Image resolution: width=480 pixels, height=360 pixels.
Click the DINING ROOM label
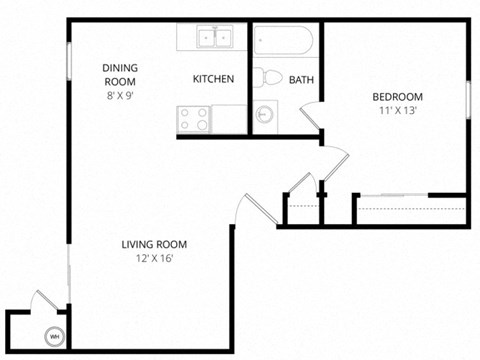[120, 76]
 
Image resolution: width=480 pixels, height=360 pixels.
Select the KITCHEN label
[213, 79]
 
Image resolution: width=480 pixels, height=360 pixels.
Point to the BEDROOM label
[397, 96]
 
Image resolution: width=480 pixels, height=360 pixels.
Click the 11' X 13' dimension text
[397, 111]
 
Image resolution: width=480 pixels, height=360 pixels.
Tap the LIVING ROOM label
[154, 245]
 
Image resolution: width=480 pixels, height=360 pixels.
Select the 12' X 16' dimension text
[154, 260]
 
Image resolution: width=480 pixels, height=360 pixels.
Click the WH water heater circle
[55, 336]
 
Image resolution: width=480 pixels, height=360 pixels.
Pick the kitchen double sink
[213, 39]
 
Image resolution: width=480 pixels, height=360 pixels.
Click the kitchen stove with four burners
[194, 118]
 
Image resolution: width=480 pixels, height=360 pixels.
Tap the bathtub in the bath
[285, 40]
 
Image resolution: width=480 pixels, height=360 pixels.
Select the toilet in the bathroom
[267, 78]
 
